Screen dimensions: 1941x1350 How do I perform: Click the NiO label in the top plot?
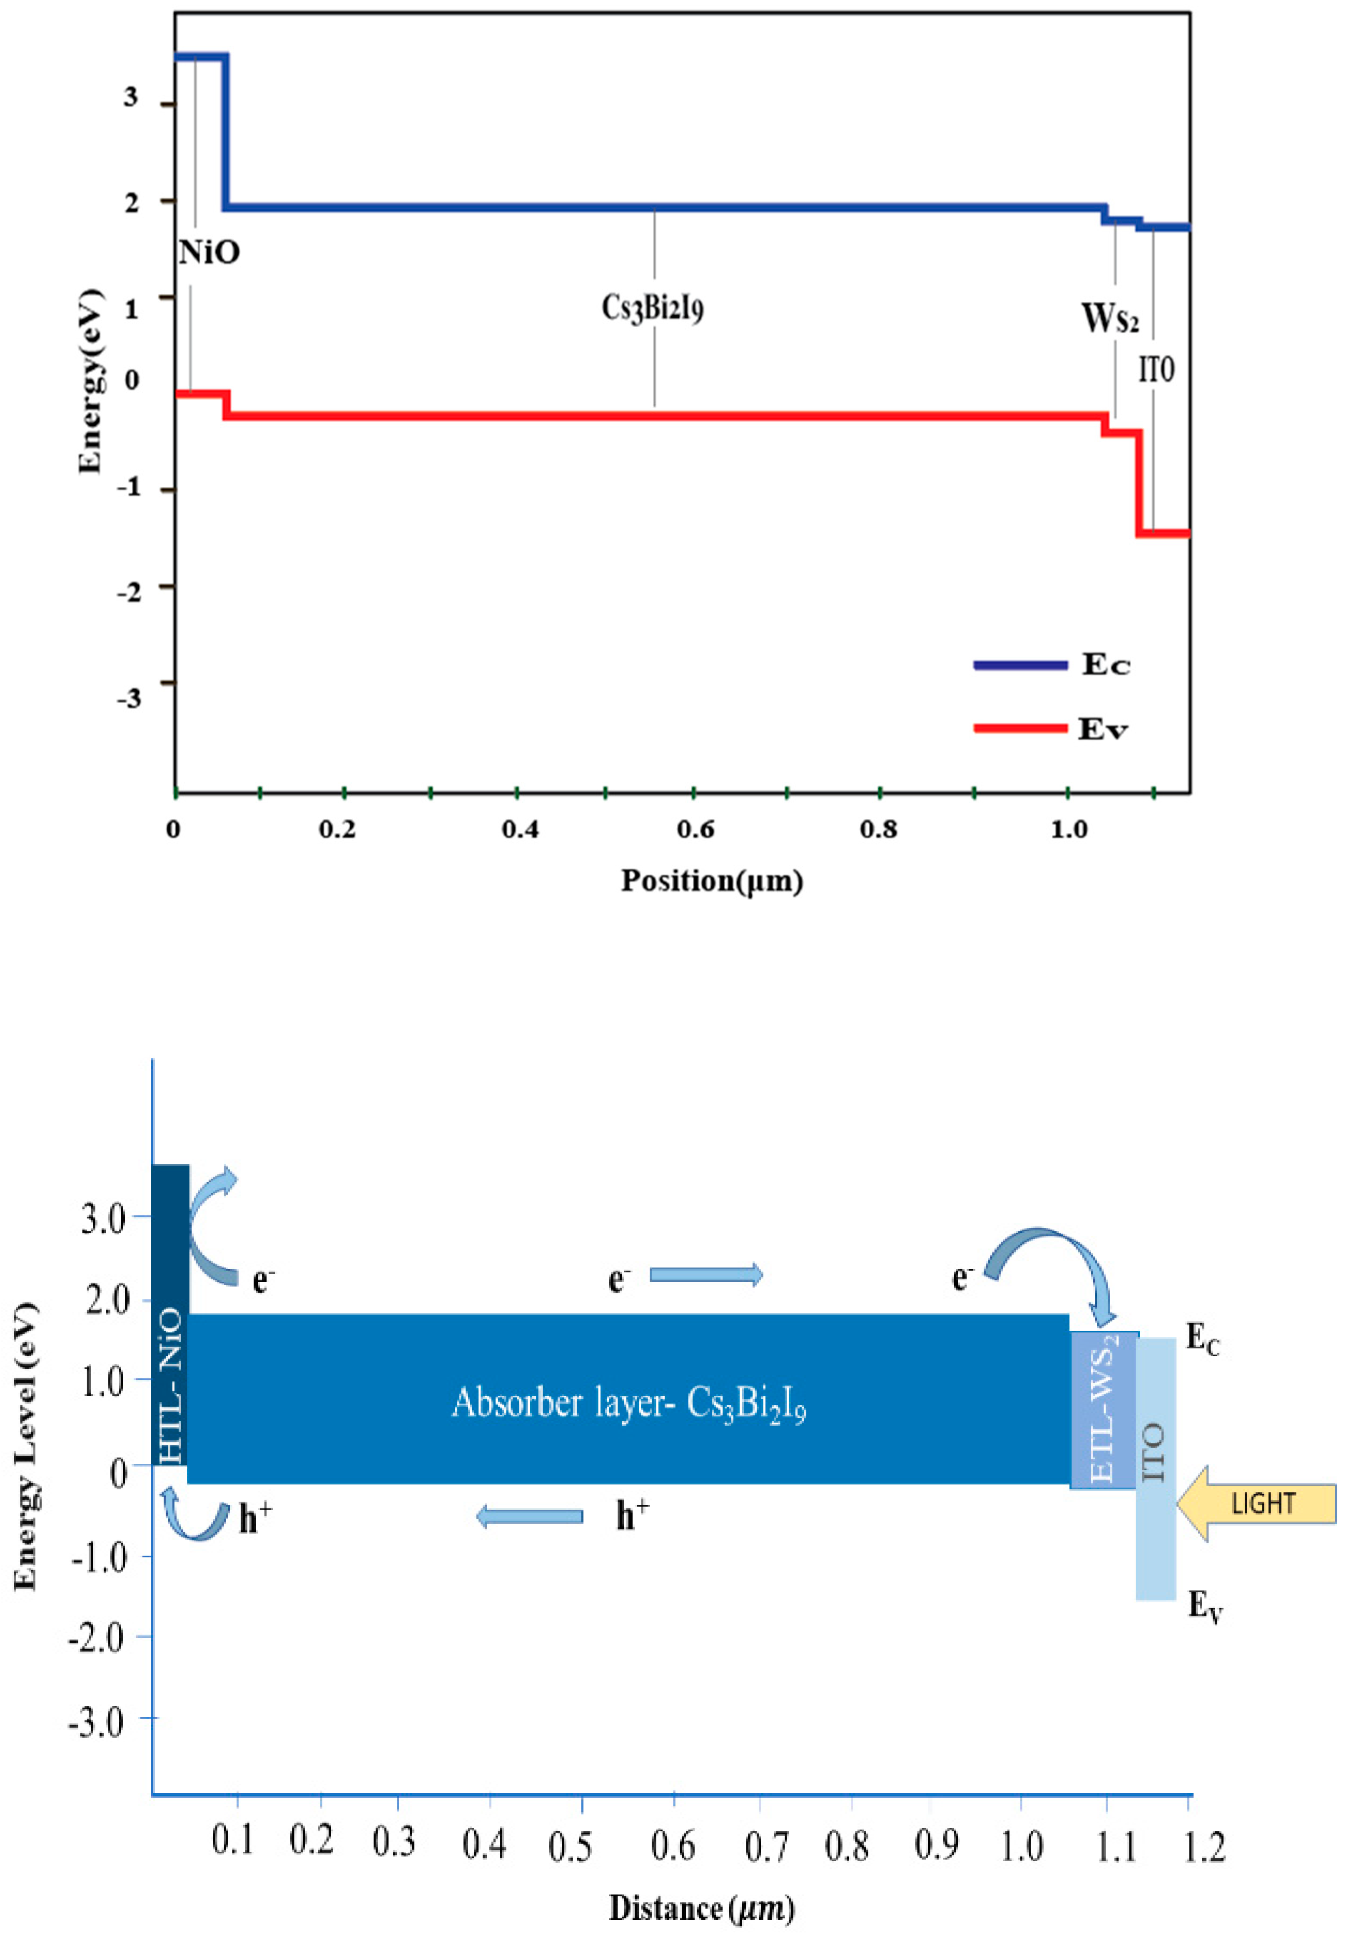pos(209,252)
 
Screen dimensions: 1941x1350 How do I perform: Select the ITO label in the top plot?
pos(1156,369)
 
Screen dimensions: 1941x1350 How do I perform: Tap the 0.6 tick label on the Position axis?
pos(695,829)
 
